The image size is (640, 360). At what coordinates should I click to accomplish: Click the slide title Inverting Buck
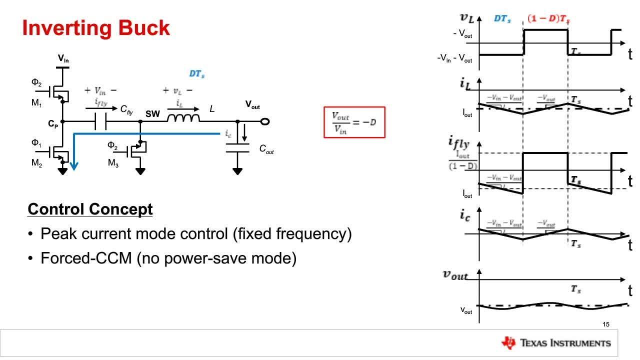coord(96,28)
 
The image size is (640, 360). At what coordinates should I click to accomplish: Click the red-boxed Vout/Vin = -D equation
coord(354,122)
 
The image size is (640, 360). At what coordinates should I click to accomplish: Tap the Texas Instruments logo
coord(555,342)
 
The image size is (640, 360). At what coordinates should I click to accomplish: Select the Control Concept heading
coord(90,209)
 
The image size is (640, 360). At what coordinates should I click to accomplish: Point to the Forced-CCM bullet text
coord(168,258)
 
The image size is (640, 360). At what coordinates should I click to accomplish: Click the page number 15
coord(606,324)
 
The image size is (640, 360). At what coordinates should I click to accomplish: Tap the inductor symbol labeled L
coord(183,118)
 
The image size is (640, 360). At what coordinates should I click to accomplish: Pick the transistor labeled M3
coord(136,151)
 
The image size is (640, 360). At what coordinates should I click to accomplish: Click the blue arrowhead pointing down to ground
coord(74,165)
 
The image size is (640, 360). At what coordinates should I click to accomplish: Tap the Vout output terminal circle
coord(265,121)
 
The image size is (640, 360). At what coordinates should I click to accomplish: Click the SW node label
coord(152,114)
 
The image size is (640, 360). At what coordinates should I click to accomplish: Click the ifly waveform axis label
coord(458,144)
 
